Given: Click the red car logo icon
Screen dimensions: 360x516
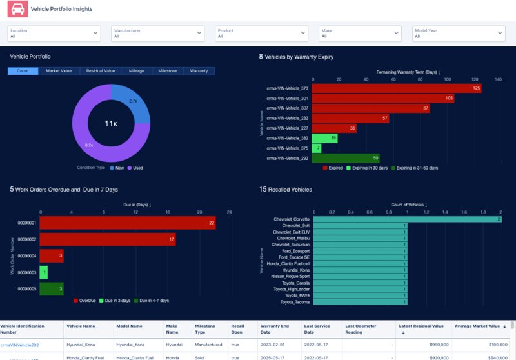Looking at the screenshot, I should click(x=16, y=9).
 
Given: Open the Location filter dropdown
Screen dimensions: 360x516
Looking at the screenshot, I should click(x=54, y=33).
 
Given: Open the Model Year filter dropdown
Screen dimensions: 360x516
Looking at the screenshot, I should click(x=459, y=33).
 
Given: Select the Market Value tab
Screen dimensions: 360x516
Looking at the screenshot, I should click(x=58, y=71).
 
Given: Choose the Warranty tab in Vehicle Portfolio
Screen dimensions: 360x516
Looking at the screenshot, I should click(x=199, y=71).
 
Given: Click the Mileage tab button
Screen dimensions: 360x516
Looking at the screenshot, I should click(x=136, y=71).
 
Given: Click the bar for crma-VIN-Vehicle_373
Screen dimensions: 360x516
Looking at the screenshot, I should click(x=396, y=88).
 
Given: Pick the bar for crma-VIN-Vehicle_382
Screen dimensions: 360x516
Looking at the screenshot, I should click(x=324, y=138).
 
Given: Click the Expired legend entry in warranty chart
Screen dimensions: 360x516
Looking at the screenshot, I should click(x=334, y=168).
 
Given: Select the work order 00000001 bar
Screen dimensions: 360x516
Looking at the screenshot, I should click(x=128, y=223).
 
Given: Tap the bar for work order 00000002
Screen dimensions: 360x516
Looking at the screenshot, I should click(x=108, y=239).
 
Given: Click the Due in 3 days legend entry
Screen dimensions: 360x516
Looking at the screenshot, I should click(x=117, y=301).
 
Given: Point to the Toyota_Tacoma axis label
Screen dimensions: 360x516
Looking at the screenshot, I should click(x=295, y=302).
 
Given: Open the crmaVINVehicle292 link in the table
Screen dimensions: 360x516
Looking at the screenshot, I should click(x=20, y=345).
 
